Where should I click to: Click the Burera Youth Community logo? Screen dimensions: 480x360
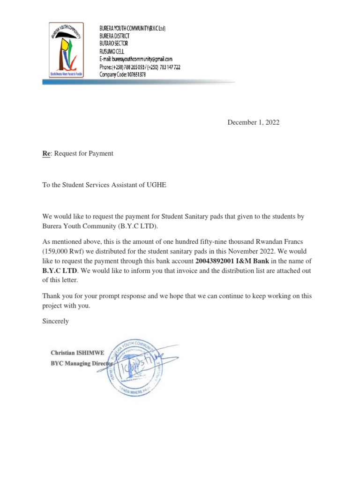(66, 50)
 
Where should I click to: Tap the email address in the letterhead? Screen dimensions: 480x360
(136, 59)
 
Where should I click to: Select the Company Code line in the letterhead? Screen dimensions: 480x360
(123, 74)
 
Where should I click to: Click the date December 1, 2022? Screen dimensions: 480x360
(253, 122)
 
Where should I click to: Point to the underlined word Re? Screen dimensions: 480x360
(46, 153)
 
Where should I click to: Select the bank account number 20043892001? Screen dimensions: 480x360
(215, 261)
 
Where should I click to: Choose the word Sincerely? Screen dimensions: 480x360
(56, 321)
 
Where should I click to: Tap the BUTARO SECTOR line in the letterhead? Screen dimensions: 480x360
(113, 44)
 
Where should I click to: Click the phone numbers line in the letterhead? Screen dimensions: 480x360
(140, 67)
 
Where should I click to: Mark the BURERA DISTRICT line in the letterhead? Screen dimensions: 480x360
(114, 36)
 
